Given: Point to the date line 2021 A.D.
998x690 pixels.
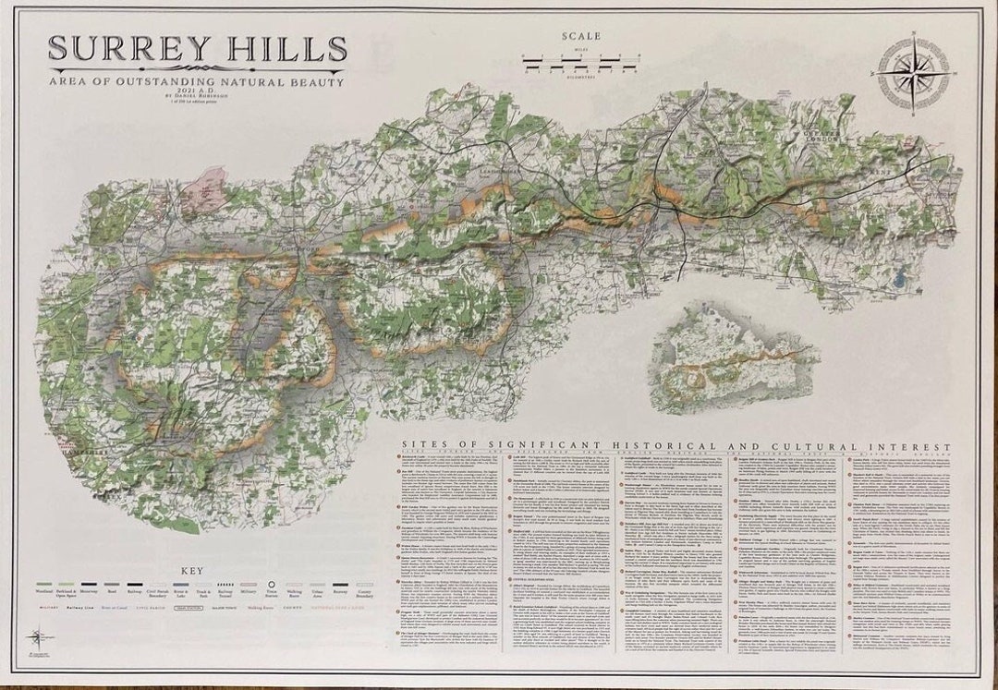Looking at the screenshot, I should pyautogui.click(x=196, y=92).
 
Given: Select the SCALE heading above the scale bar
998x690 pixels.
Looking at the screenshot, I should pyautogui.click(x=580, y=37).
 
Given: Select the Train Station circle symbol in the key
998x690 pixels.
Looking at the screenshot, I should pyautogui.click(x=273, y=584).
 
